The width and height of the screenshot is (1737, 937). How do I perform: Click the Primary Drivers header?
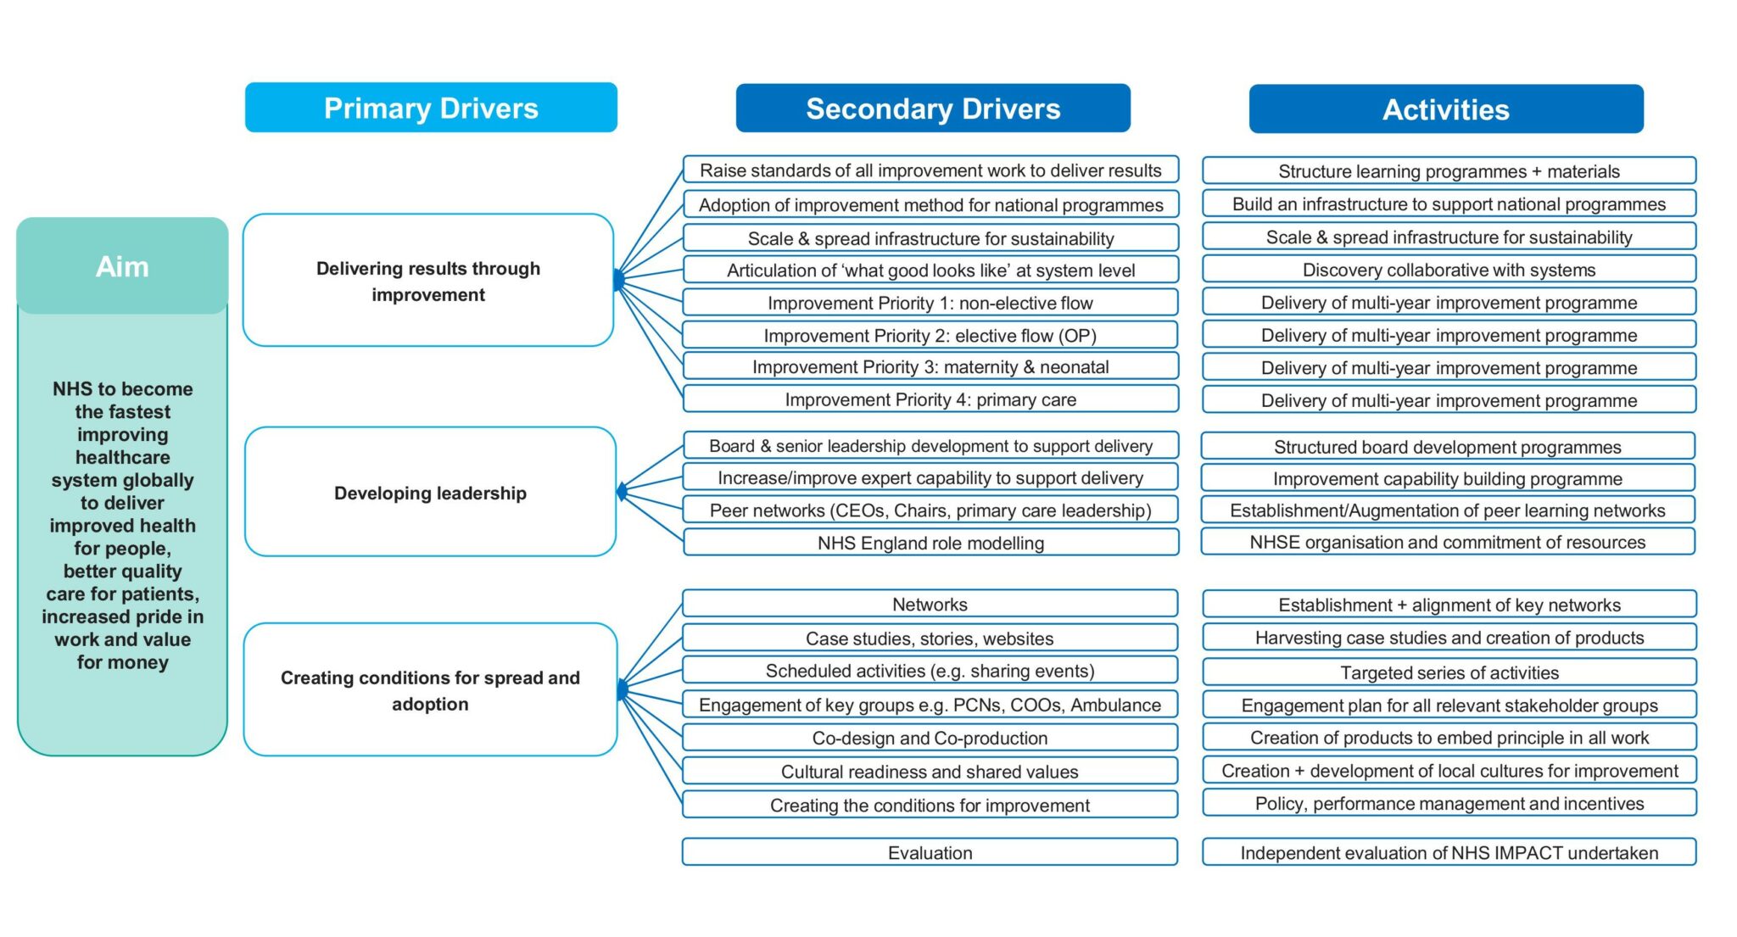pyautogui.click(x=431, y=108)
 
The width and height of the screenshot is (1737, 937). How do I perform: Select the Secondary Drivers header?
pyautogui.click(x=932, y=109)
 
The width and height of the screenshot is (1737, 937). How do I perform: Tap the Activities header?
pyautogui.click(x=1445, y=109)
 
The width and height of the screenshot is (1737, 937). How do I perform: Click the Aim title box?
pyautogui.click(x=122, y=266)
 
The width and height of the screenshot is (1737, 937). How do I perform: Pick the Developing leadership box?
pyautogui.click(x=430, y=493)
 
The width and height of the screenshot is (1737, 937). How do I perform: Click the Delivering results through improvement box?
pyautogui.click(x=428, y=281)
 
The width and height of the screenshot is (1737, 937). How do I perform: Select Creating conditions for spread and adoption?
pyautogui.click(x=430, y=690)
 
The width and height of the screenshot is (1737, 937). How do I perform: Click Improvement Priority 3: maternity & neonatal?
pyautogui.click(x=930, y=366)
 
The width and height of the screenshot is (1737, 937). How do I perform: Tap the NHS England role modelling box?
pyautogui.click(x=930, y=543)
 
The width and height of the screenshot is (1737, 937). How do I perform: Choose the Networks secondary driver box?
pyautogui.click(x=930, y=604)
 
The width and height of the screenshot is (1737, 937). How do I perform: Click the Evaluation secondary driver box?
pyautogui.click(x=930, y=852)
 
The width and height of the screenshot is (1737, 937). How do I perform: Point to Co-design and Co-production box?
pyautogui.click(x=930, y=738)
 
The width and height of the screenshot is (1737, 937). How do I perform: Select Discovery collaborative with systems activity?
pyautogui.click(x=1449, y=270)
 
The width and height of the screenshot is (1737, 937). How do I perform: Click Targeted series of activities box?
pyautogui.click(x=1449, y=672)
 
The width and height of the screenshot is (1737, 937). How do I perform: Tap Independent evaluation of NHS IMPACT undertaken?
pyautogui.click(x=1449, y=852)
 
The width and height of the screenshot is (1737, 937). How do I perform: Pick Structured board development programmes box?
pyautogui.click(x=1447, y=447)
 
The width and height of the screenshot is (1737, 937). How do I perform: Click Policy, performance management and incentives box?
pyautogui.click(x=1449, y=803)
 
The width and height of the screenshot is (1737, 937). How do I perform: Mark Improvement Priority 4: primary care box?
pyautogui.click(x=930, y=399)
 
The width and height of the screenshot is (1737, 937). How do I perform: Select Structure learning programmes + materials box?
pyautogui.click(x=1449, y=171)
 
